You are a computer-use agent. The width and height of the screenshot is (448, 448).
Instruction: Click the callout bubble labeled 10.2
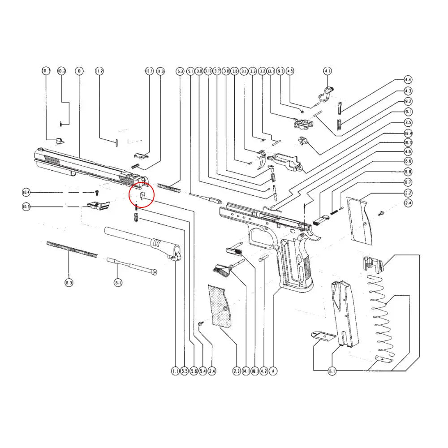click(61, 71)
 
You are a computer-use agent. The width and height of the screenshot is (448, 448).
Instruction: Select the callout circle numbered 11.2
click(99, 71)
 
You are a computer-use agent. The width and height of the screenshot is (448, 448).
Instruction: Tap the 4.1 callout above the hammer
click(327, 71)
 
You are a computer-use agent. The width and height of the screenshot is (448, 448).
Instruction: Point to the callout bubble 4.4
click(408, 80)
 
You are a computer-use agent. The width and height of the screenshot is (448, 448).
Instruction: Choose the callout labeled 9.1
click(408, 112)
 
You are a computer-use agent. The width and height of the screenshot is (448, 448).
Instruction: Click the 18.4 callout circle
click(408, 133)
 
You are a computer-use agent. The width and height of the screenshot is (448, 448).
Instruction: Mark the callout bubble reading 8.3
click(69, 283)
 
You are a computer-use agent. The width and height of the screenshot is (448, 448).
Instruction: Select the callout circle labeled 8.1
click(118, 283)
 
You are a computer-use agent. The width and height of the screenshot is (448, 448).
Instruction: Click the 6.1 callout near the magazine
click(332, 371)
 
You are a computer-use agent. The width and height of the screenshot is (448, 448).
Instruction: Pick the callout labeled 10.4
click(26, 193)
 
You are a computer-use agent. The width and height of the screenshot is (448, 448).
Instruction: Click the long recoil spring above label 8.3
click(72, 249)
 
